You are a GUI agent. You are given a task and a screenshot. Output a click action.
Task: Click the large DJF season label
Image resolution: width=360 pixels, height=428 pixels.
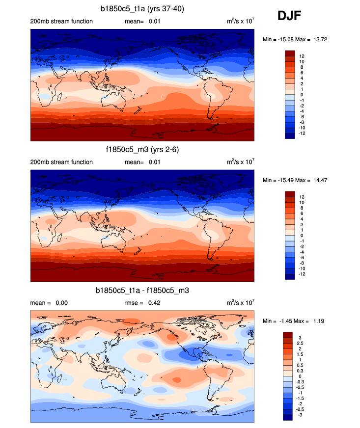click(x=289, y=16)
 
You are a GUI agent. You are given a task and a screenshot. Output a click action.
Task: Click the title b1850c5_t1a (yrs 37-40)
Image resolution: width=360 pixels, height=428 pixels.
click(x=142, y=8)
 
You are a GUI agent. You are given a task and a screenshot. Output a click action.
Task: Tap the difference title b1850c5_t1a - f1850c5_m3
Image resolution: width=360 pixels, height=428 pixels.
click(x=142, y=291)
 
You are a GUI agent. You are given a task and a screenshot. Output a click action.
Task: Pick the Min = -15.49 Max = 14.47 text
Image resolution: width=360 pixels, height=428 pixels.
click(x=295, y=180)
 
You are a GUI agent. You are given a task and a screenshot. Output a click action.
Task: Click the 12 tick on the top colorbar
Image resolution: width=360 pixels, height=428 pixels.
click(x=302, y=56)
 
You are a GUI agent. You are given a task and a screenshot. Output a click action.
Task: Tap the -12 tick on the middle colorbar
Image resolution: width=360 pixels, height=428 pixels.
click(x=303, y=274)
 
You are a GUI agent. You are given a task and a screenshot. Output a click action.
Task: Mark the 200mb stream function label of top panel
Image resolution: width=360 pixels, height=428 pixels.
click(x=61, y=22)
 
